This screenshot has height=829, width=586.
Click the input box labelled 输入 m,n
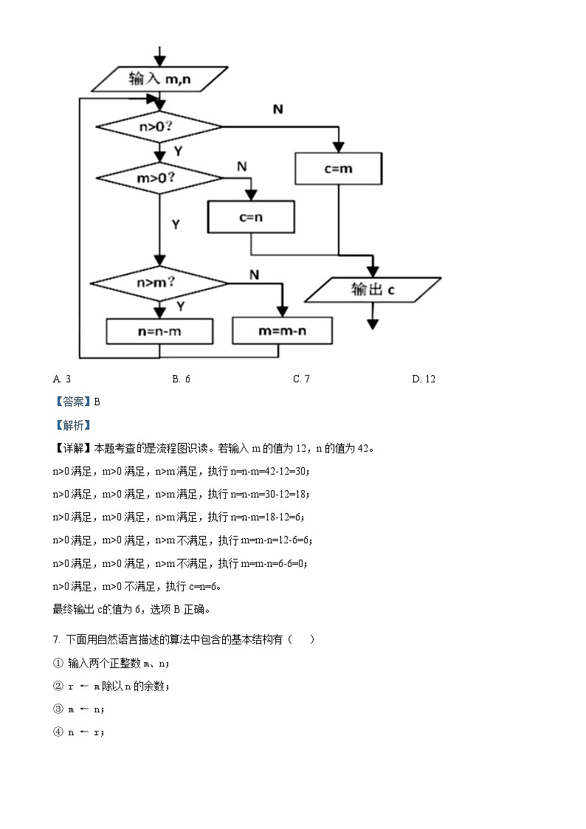tap(159, 78)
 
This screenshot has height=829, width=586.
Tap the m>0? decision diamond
tap(159, 178)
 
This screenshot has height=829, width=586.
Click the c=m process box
tap(339, 168)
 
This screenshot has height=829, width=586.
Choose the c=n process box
tap(251, 218)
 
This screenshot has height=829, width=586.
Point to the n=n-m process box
tap(159, 331)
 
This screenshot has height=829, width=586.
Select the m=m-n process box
tap(282, 331)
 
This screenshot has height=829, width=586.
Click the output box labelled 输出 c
tap(373, 290)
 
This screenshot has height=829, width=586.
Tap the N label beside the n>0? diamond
tap(278, 109)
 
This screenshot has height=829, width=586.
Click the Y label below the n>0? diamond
tap(178, 151)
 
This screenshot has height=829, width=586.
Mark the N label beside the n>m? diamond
tap(254, 275)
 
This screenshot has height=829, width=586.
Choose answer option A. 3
tap(62, 379)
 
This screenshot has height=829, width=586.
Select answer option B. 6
tap(182, 379)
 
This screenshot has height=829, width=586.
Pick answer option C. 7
tap(301, 379)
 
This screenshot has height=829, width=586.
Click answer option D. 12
tap(424, 379)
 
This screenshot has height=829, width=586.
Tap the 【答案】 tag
tap(72, 402)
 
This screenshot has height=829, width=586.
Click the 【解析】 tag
tap(72, 424)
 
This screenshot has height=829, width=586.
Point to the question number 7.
tap(56, 639)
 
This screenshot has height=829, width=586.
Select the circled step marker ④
tap(58, 732)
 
